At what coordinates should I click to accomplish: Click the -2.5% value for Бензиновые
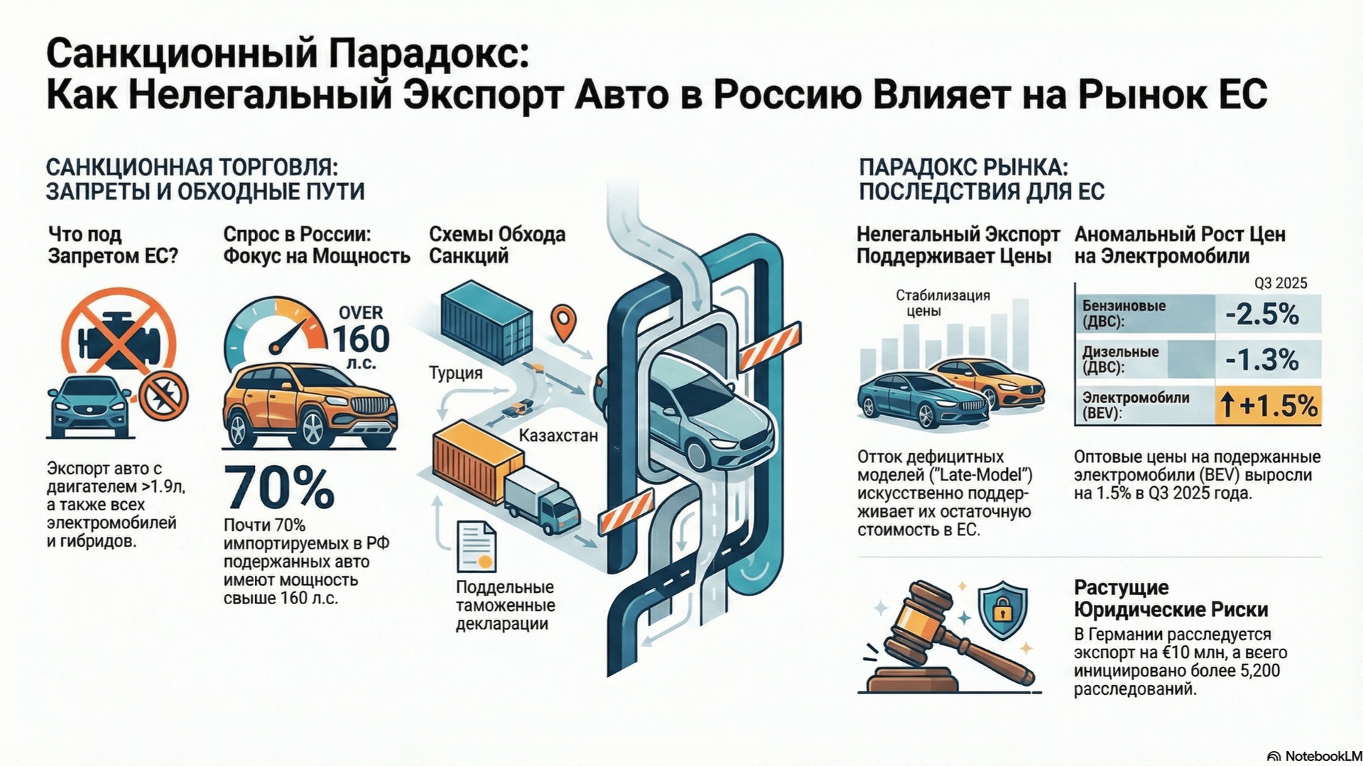(1262, 314)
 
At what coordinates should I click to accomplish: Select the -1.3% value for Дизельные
(1262, 360)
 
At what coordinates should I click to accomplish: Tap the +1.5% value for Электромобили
(1269, 405)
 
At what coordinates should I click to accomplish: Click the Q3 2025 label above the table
(1280, 283)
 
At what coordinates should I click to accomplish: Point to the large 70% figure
(279, 487)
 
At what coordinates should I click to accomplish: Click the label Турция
(455, 373)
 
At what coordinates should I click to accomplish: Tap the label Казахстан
(558, 435)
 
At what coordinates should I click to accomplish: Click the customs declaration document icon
(476, 547)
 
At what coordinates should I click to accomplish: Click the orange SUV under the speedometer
(309, 407)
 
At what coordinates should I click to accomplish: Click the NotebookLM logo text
(1323, 756)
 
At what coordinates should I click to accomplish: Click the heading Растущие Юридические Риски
(1171, 598)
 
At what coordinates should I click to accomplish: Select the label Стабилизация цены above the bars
(943, 302)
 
